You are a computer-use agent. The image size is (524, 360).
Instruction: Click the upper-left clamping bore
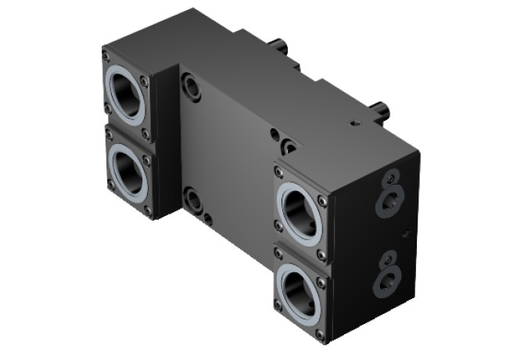[x=127, y=97]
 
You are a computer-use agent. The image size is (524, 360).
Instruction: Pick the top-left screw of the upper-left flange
[x=106, y=56]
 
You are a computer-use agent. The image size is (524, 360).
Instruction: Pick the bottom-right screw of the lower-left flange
[x=147, y=210]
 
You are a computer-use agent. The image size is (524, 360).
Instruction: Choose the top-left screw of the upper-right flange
[x=278, y=169]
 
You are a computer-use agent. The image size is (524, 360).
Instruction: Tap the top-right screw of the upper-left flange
[x=144, y=80]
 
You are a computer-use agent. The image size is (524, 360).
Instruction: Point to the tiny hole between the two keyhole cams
[x=404, y=232]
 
